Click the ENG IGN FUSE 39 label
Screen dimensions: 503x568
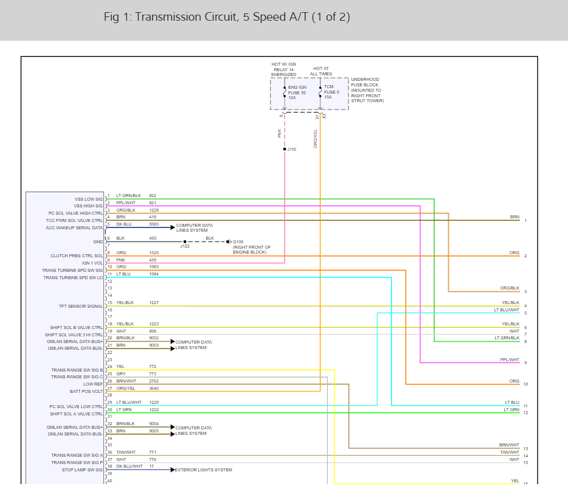297,92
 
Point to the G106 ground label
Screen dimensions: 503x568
238,241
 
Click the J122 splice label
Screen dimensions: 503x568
185,246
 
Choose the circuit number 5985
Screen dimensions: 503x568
154,224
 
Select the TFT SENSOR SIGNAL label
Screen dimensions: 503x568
81,306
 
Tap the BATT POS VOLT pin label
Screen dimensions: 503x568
86,391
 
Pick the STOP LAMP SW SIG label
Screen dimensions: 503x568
82,470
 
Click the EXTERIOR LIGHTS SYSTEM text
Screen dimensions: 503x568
204,470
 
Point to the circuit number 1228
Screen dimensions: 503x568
154,210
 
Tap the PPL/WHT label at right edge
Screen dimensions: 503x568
509,359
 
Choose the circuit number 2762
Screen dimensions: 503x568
154,381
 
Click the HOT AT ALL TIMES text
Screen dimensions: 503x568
322,71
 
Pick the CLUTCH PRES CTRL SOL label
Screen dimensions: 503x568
77,256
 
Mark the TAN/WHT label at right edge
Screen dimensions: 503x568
509,453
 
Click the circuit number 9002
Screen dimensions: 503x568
154,338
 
